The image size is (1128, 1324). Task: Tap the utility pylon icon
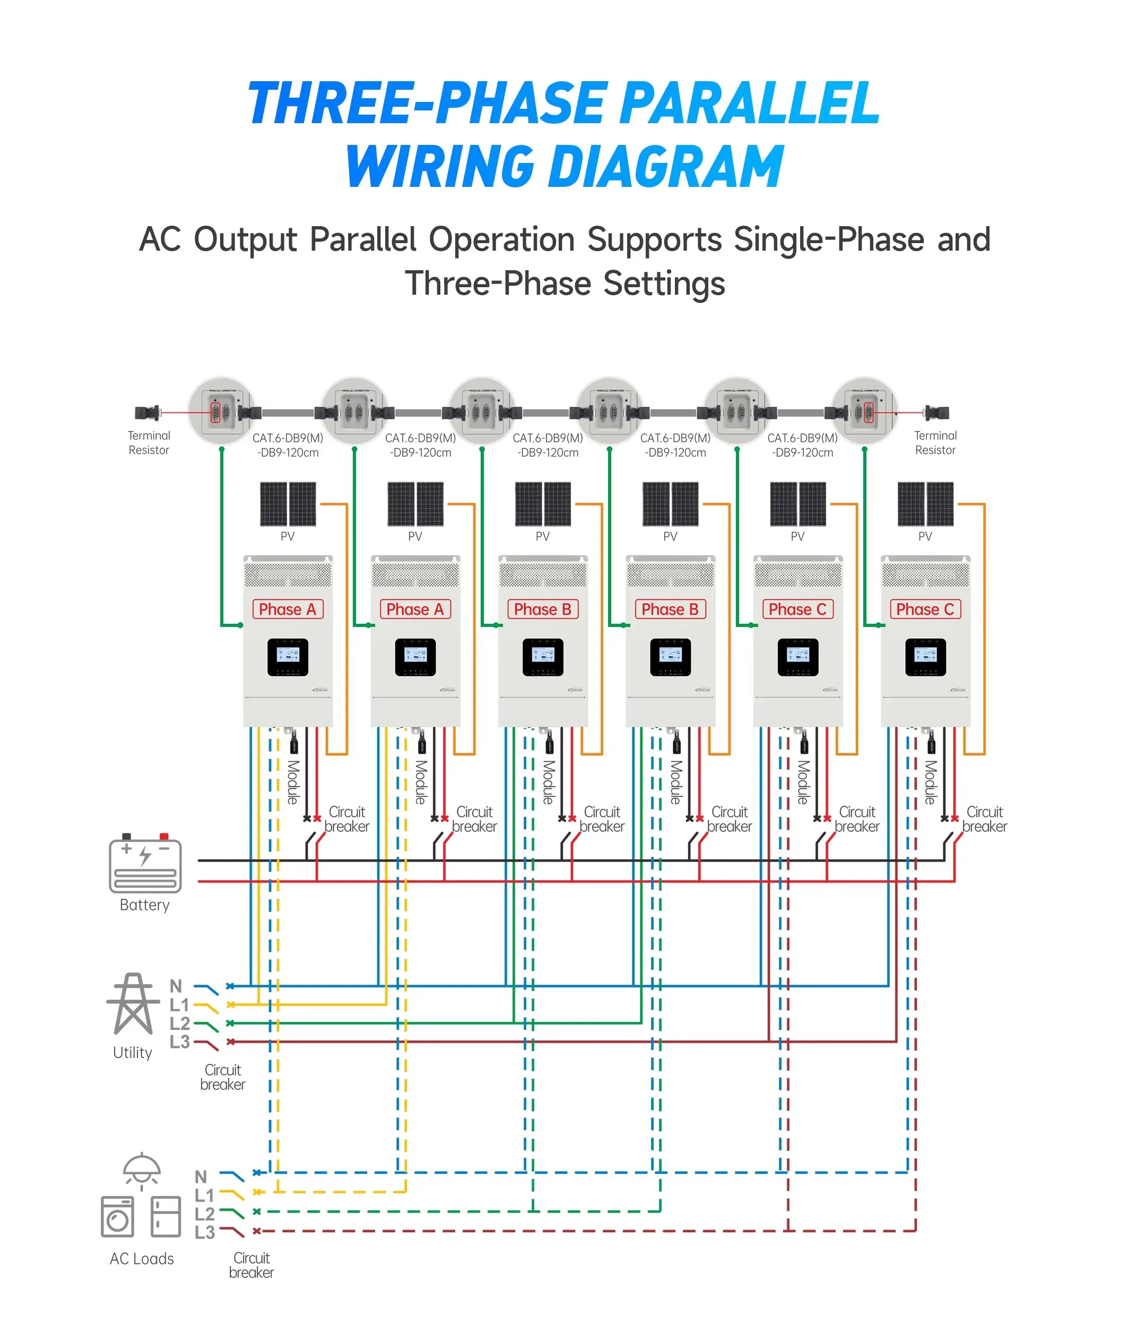pos(133,1004)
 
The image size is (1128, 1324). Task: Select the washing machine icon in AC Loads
pos(118,1217)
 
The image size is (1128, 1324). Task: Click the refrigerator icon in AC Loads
pos(166,1217)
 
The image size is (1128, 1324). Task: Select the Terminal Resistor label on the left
pos(149,443)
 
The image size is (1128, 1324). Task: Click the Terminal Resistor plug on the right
pos(938,413)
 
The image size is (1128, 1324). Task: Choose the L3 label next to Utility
pos(179,1042)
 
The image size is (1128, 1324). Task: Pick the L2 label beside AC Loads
pos(204,1214)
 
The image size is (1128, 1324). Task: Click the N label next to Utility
pos(176,986)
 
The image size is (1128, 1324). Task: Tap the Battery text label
pos(145,905)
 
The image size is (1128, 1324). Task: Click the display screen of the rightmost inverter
pos(925,656)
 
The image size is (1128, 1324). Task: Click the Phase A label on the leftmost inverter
pos(288,609)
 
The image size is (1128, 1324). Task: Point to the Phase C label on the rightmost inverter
pos(925,609)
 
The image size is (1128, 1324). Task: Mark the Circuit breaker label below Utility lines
pos(222,1077)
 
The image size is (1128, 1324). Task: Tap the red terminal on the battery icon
pos(164,837)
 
